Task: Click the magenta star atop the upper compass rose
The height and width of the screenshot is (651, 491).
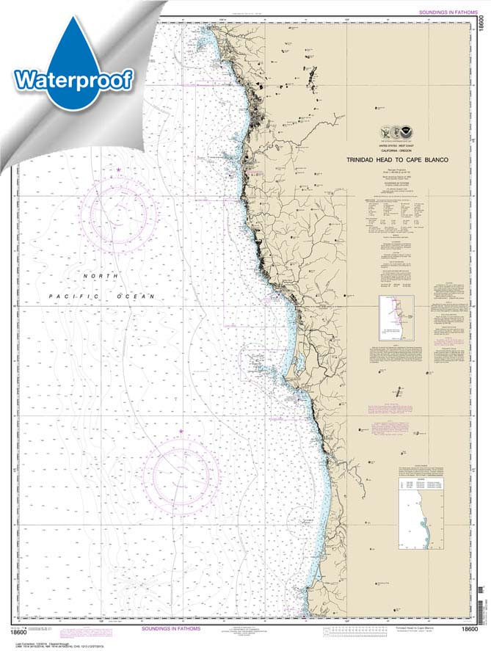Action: pos(119,170)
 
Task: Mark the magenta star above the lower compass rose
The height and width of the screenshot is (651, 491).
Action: pos(181,431)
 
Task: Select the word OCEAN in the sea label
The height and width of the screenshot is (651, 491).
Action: pos(140,296)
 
